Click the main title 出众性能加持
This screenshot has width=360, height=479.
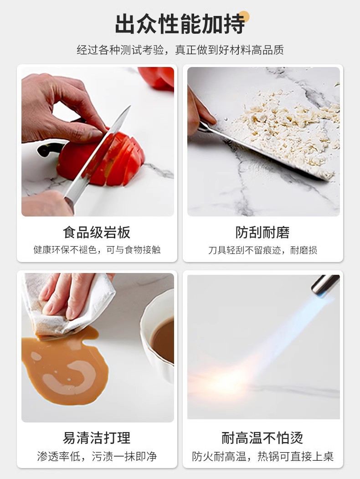[x=180, y=24]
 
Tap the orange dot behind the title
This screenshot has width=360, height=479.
[x=244, y=17]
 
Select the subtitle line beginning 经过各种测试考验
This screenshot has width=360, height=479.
[x=180, y=50]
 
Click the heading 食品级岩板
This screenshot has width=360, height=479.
[x=97, y=232]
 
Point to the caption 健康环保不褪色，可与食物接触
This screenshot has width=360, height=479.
[x=97, y=250]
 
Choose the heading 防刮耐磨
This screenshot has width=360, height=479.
[x=262, y=232]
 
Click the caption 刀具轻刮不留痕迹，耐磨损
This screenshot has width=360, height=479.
[x=262, y=250]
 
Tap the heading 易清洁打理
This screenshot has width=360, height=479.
[x=97, y=438]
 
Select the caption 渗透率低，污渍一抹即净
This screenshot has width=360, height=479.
[x=97, y=456]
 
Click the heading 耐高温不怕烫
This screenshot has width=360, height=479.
[x=262, y=438]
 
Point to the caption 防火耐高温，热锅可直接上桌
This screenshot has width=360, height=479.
[x=262, y=456]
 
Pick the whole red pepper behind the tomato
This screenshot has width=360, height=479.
[x=156, y=77]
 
